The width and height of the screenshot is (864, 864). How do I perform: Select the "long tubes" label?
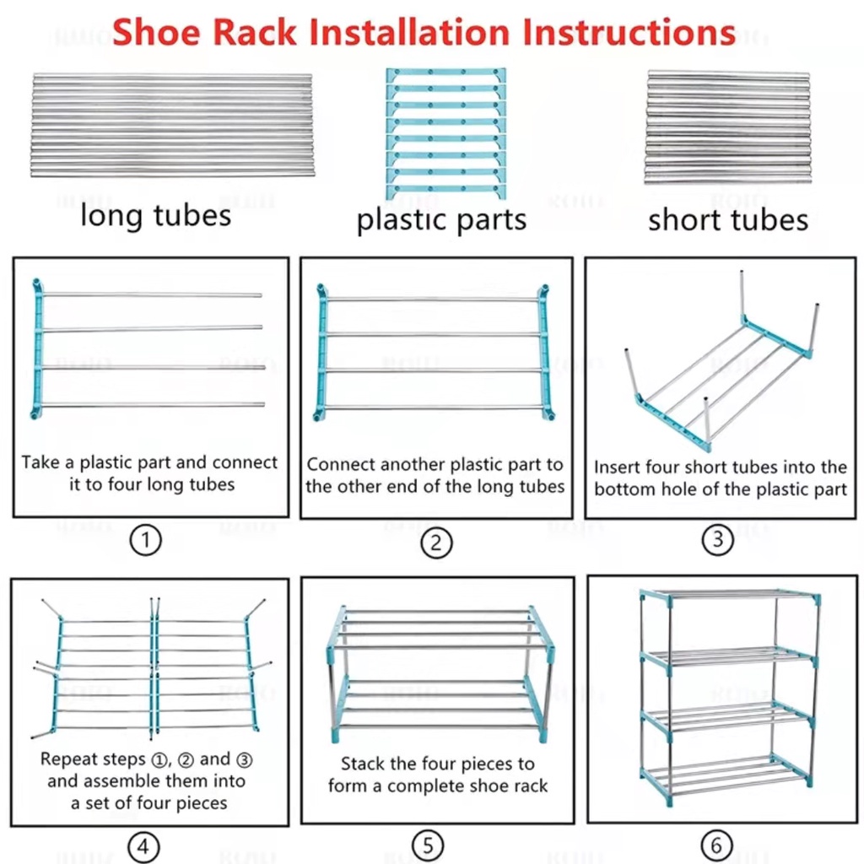pyautogui.click(x=155, y=216)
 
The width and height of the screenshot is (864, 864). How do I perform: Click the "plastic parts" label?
pyautogui.click(x=441, y=220)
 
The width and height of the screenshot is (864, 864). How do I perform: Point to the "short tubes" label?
pyautogui.click(x=727, y=220)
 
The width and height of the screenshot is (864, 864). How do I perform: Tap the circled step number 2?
pyautogui.click(x=435, y=543)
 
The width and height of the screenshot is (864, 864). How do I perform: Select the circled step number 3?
pyautogui.click(x=718, y=539)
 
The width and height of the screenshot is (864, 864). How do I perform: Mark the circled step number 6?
pyautogui.click(x=716, y=845)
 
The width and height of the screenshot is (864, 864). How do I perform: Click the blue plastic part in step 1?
pyautogui.click(x=37, y=349)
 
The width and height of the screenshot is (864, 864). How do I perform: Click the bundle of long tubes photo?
pyautogui.click(x=173, y=125)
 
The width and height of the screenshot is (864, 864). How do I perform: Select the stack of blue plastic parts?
pyautogui.click(x=445, y=134)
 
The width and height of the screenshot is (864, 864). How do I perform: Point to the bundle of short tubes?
pyautogui.click(x=727, y=127)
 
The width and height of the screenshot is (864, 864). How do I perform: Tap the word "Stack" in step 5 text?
pyautogui.click(x=363, y=764)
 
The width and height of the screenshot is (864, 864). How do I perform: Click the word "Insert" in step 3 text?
pyautogui.click(x=618, y=467)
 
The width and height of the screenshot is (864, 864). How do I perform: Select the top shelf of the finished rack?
pyautogui.click(x=728, y=597)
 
